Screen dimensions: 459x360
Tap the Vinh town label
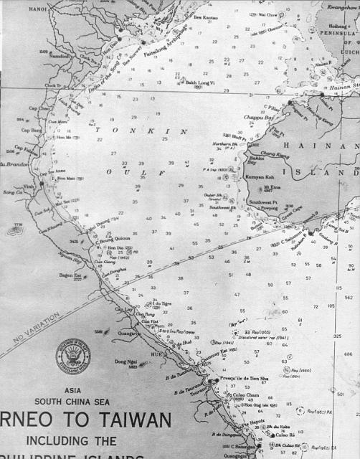point(29,185)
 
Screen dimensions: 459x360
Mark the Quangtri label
point(126,333)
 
